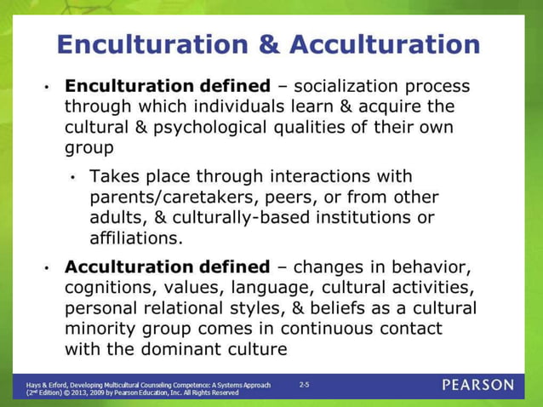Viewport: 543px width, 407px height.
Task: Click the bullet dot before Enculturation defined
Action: click(48, 88)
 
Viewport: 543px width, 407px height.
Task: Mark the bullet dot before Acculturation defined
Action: click(48, 267)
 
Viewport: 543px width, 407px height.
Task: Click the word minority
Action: click(103, 328)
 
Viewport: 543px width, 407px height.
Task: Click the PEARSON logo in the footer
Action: click(477, 386)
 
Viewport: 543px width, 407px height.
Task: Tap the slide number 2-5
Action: click(305, 385)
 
